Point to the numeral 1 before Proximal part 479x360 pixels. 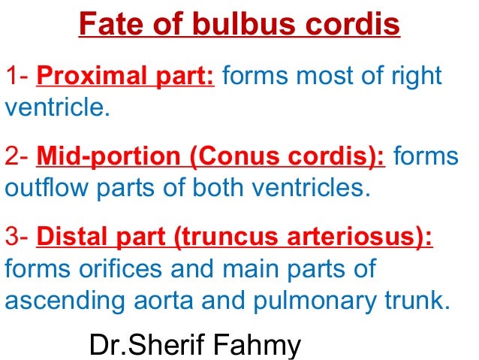click(11, 77)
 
